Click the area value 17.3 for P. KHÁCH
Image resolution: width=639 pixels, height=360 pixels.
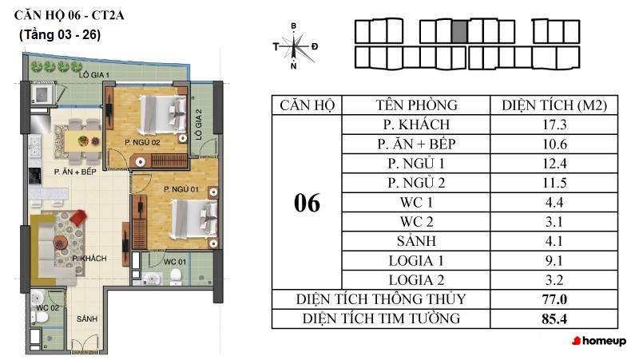pyautogui.click(x=554, y=125)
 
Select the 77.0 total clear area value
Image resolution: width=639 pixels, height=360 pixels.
pyautogui.click(x=554, y=299)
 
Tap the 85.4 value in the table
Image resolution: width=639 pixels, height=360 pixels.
pyautogui.click(x=554, y=318)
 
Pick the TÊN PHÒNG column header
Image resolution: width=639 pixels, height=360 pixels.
pyautogui.click(x=416, y=105)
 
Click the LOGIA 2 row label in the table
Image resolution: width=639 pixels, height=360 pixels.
pyautogui.click(x=416, y=280)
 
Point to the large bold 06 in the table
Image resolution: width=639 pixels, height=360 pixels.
pyautogui.click(x=307, y=203)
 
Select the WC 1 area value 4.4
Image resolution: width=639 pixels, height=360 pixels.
pyautogui.click(x=554, y=203)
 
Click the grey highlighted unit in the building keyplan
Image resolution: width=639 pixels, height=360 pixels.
pyautogui.click(x=459, y=32)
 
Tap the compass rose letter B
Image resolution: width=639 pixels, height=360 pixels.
pyautogui.click(x=293, y=26)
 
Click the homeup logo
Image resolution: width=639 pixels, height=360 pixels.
pyautogui.click(x=599, y=341)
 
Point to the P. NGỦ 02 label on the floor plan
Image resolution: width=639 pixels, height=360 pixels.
pyautogui.click(x=142, y=143)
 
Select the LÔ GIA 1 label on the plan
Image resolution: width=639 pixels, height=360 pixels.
pyautogui.click(x=94, y=75)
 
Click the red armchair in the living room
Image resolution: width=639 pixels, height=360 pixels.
pyautogui.click(x=77, y=216)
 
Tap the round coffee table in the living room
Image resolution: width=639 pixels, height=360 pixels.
pyautogui.click(x=61, y=243)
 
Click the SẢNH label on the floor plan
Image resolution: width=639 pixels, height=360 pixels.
pyautogui.click(x=87, y=318)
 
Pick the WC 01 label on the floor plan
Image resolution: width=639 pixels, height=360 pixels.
pyautogui.click(x=175, y=262)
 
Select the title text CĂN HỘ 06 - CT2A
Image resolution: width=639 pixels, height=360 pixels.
pyautogui.click(x=69, y=15)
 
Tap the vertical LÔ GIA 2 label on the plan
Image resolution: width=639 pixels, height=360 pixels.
pyautogui.click(x=198, y=125)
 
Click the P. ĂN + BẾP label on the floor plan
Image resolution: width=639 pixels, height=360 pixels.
pyautogui.click(x=75, y=172)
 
